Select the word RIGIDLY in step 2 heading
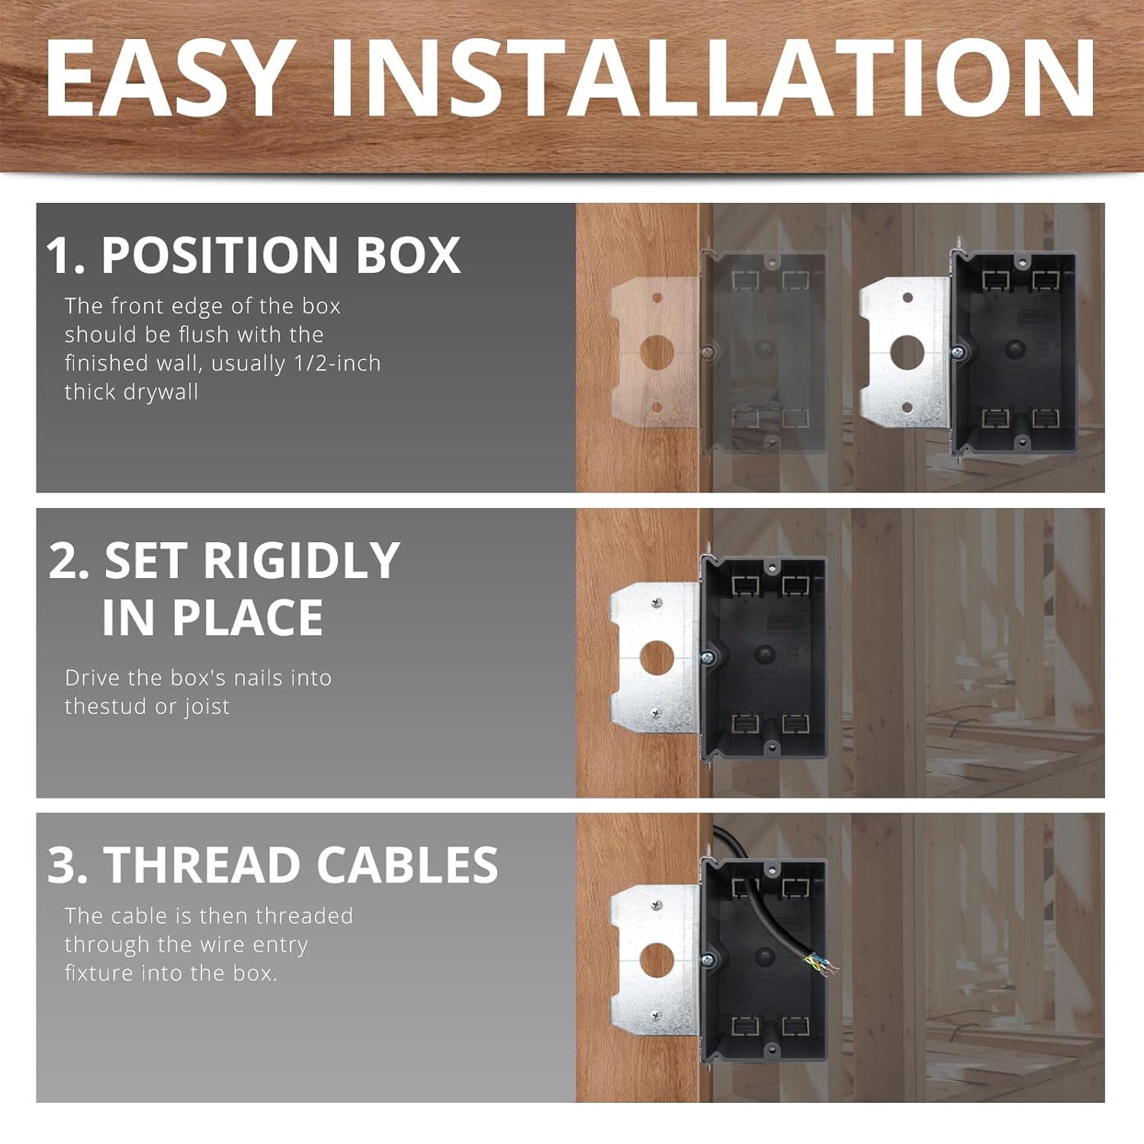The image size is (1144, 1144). pos(301,561)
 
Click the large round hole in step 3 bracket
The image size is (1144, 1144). pos(657,959)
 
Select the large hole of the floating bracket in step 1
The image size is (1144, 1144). pos(908,352)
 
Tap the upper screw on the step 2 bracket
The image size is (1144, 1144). pos(656,603)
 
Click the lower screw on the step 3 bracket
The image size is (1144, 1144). pos(655,1015)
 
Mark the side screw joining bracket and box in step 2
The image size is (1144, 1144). pos(707,657)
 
